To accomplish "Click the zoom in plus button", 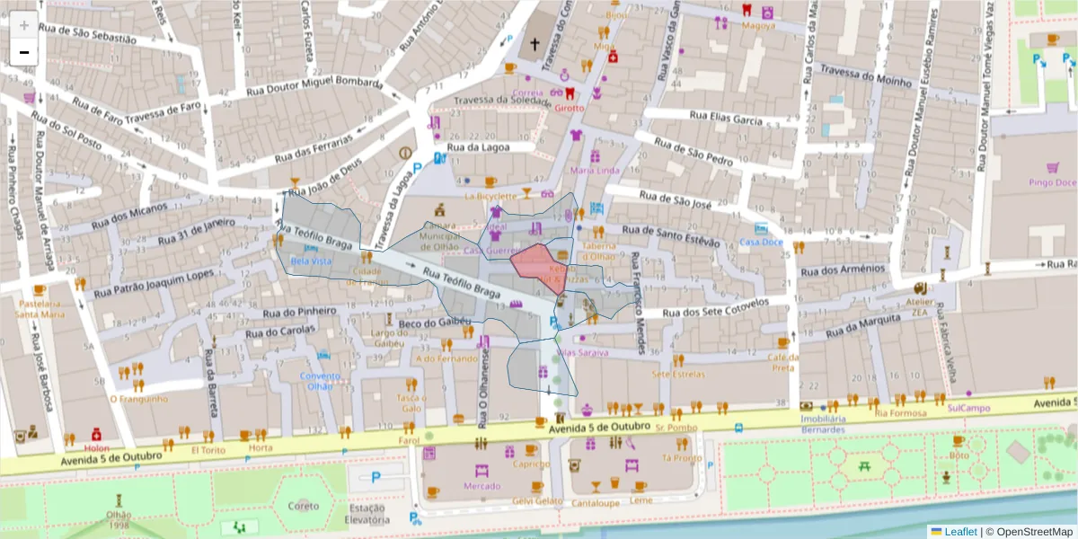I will click(x=24, y=26).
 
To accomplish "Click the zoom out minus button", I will click(x=24, y=52).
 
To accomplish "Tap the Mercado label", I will click(x=482, y=486).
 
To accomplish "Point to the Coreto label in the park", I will click(x=304, y=506).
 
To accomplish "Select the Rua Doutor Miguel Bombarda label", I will click(x=314, y=82).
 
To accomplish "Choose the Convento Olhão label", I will click(x=320, y=381).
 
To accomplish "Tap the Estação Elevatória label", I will click(x=367, y=513).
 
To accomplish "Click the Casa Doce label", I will click(x=761, y=243).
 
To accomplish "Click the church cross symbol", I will click(x=535, y=43).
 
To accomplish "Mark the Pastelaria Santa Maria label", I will click(x=39, y=309).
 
